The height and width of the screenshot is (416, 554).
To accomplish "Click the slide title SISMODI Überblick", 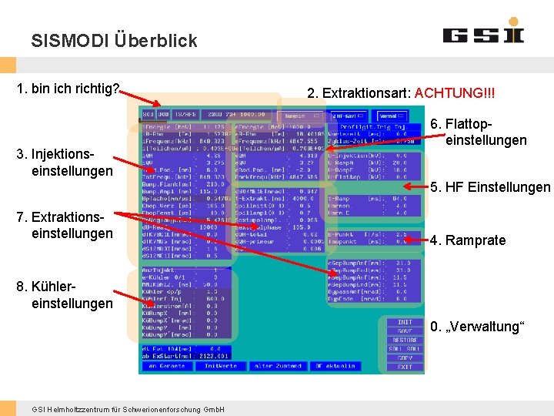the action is [114, 41].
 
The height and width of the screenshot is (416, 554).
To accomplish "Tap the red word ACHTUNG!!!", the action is [455, 93].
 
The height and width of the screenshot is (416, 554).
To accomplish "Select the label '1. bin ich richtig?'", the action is [68, 89].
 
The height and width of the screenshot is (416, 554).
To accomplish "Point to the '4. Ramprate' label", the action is [468, 240].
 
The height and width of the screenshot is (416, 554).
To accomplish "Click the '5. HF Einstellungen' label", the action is [490, 187].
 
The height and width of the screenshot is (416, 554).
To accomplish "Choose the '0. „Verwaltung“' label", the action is [478, 327].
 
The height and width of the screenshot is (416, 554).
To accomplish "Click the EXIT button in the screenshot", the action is [405, 367].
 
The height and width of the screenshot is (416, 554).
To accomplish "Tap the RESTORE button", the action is [405, 340].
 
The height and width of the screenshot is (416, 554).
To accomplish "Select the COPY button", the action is [405, 358].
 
